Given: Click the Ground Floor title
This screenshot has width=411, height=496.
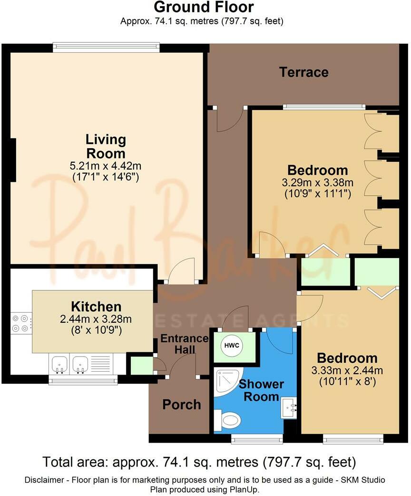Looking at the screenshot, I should (203, 7).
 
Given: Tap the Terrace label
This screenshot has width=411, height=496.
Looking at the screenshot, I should (303, 72).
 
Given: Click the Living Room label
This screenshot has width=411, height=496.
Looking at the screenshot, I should (106, 147).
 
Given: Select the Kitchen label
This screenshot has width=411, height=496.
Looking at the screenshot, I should (96, 307).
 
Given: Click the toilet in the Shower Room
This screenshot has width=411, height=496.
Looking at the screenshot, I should (227, 420).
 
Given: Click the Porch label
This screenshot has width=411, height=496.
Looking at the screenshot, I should (181, 405).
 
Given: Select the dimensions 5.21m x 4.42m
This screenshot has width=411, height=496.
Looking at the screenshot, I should (106, 167).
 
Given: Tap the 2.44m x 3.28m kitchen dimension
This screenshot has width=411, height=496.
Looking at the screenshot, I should (96, 319).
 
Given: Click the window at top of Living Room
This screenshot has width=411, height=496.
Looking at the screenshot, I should (106, 47).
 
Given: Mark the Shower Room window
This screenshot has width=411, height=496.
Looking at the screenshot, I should (256, 439).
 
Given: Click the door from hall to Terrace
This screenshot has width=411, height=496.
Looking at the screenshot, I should (229, 119).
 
